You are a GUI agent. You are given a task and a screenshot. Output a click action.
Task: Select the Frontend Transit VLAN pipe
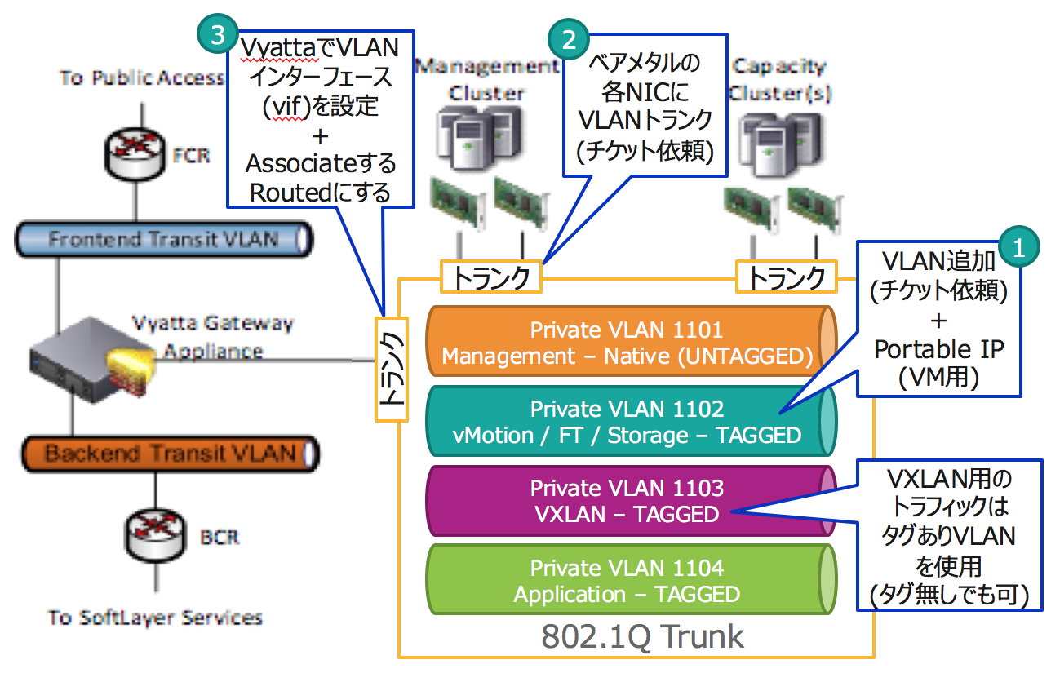[164, 240]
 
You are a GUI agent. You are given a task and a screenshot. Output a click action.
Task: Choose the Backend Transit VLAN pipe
[170, 454]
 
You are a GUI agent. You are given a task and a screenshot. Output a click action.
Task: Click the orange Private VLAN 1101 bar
[627, 342]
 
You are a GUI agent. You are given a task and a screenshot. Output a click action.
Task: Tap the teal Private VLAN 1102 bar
[627, 422]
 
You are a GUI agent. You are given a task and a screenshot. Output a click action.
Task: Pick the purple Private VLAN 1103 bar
[627, 501]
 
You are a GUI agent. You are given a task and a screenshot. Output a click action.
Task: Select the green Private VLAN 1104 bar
[627, 581]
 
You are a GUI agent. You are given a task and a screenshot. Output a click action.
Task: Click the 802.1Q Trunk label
[643, 636]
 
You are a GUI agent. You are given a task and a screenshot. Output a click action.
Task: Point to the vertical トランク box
[391, 370]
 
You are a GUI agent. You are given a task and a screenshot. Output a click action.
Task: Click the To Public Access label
[141, 78]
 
